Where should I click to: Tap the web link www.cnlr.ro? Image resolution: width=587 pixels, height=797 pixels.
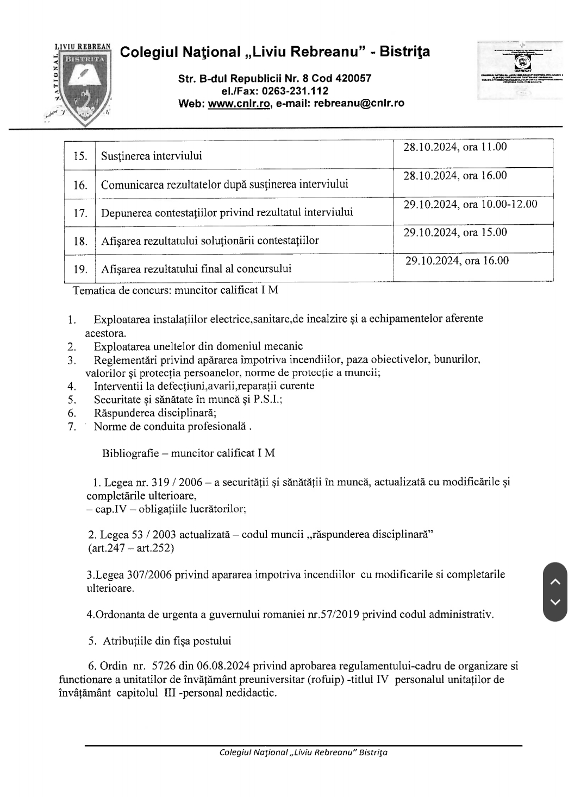tap(239, 103)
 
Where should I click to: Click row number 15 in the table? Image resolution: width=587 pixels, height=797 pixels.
tap(80, 156)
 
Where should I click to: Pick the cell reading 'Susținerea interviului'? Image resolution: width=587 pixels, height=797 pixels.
tap(152, 156)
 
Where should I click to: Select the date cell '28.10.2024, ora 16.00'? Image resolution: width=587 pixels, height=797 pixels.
tap(455, 175)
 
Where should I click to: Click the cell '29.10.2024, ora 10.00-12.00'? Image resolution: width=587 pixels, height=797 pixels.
tap(470, 204)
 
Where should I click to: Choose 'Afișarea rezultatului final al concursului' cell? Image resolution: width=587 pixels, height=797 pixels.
tap(196, 268)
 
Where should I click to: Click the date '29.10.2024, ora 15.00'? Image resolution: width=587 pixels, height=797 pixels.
tap(455, 232)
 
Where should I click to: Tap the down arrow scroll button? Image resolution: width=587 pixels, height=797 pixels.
tap(555, 602)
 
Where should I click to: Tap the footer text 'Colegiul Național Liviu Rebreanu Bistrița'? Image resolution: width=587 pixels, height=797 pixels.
tap(303, 752)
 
